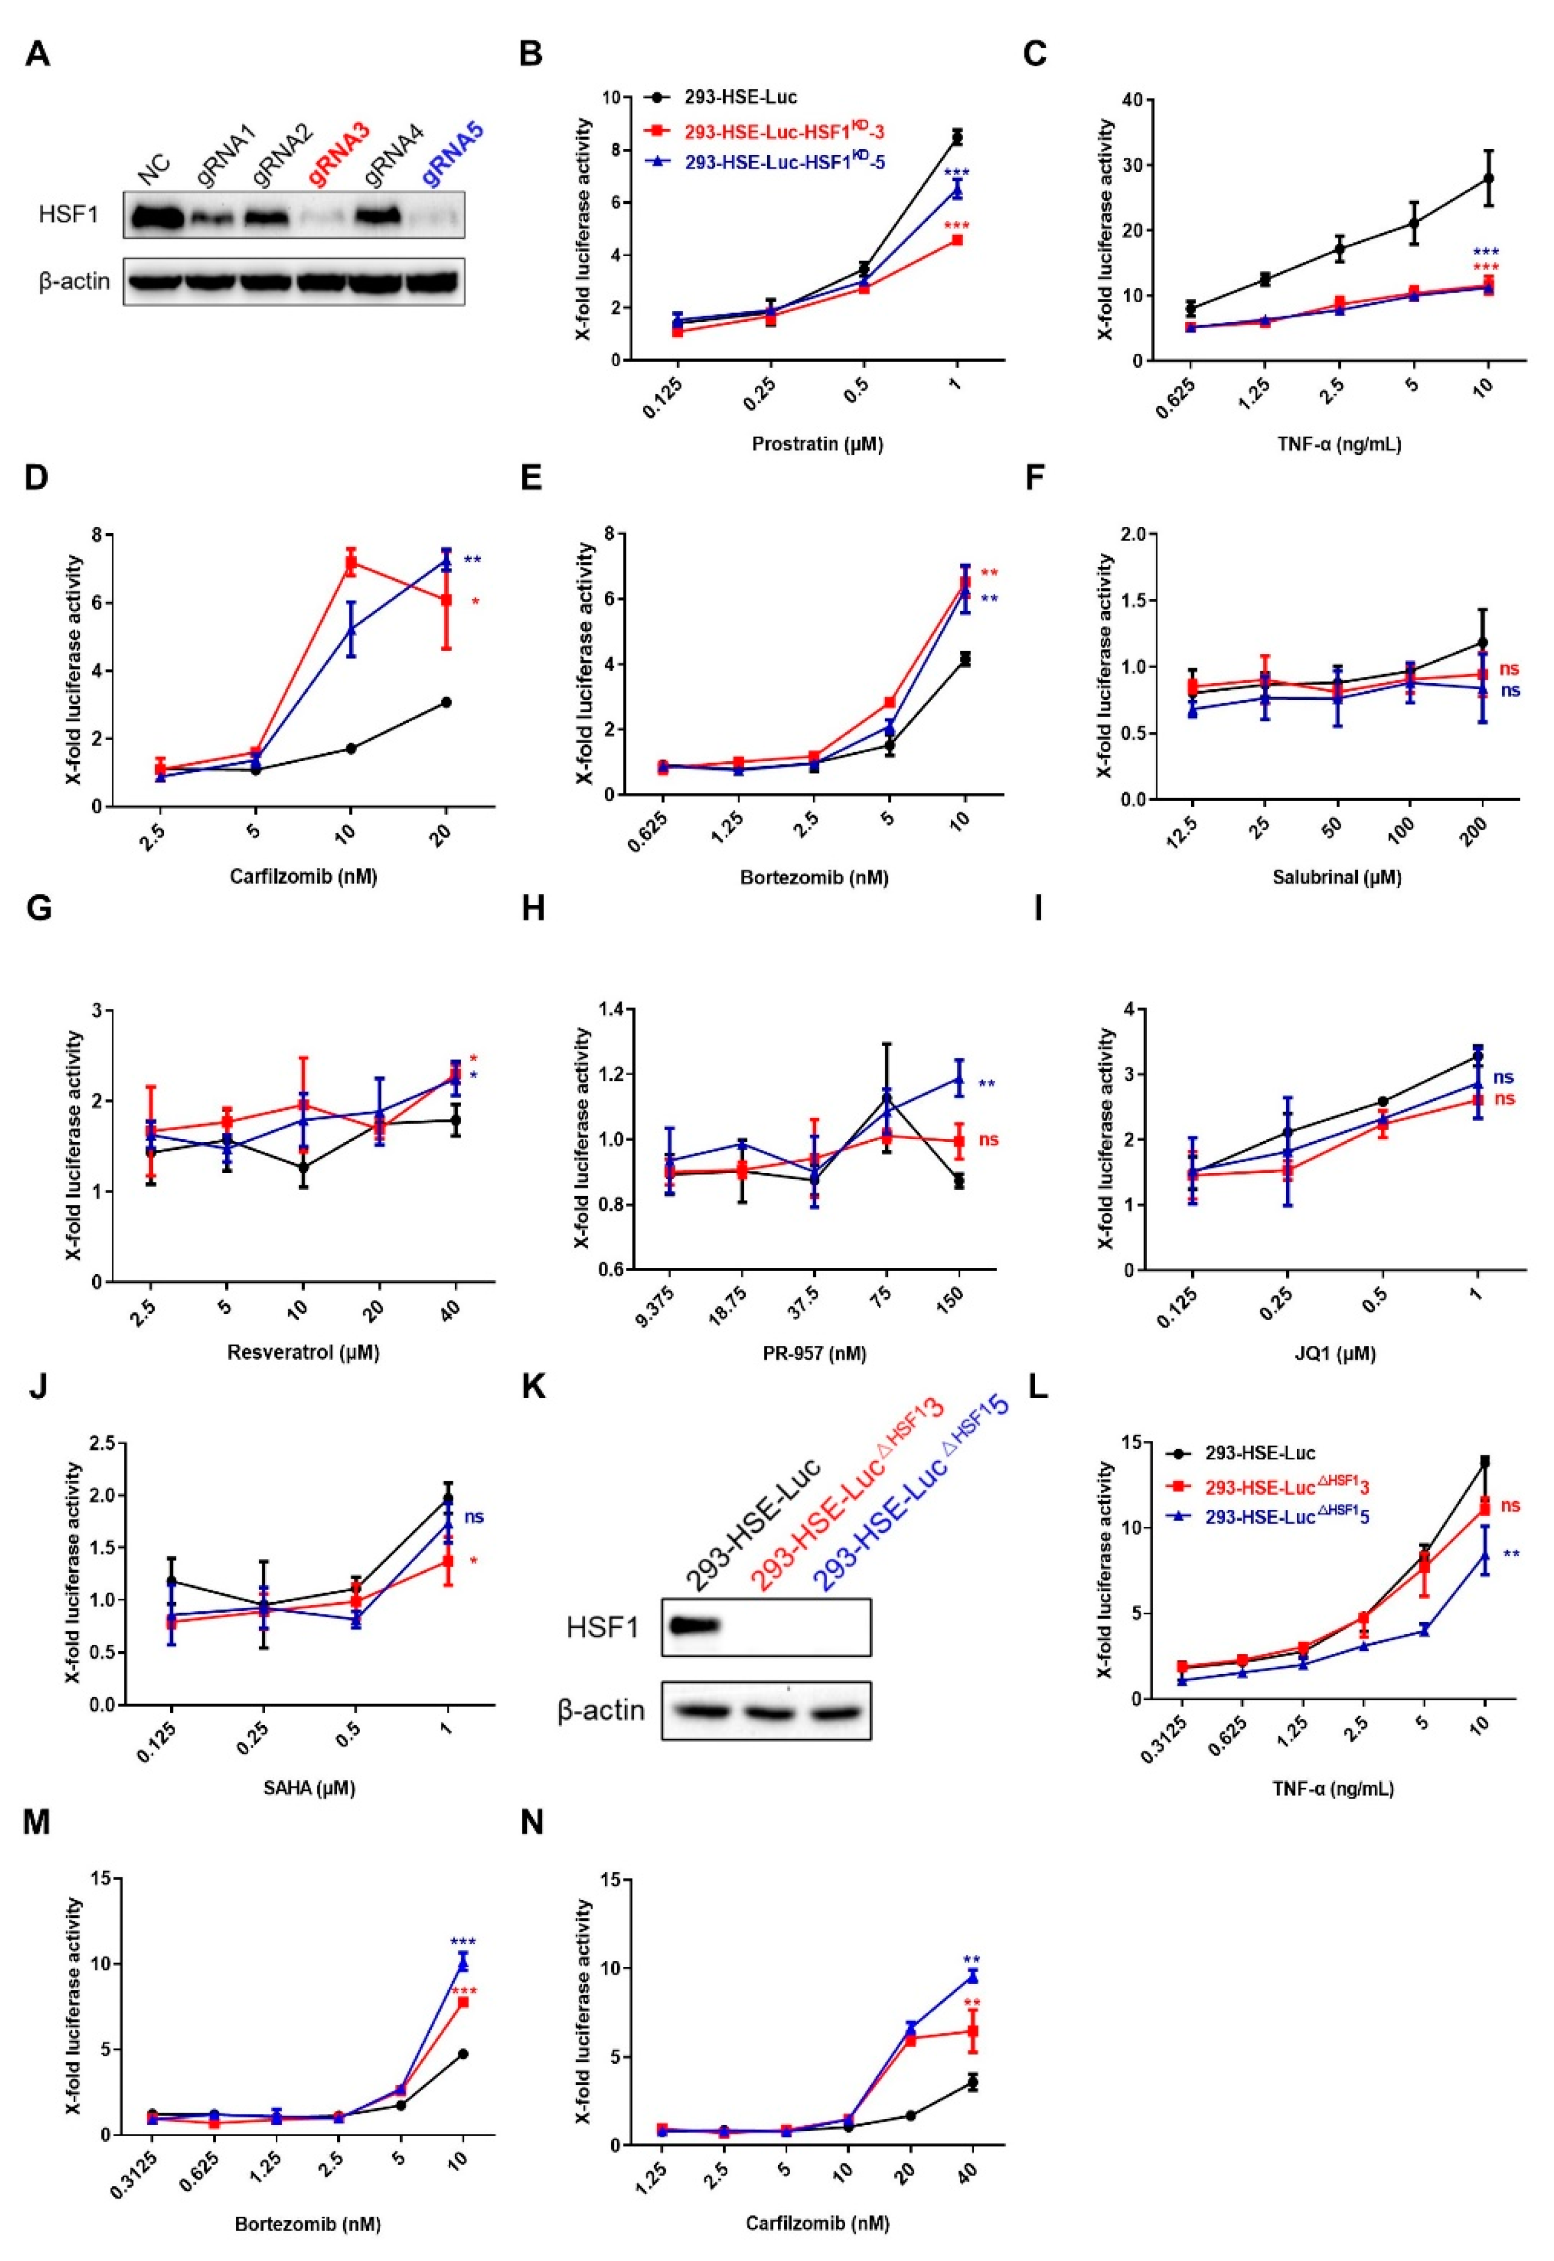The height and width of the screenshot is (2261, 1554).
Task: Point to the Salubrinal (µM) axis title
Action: pyautogui.click(x=1336, y=876)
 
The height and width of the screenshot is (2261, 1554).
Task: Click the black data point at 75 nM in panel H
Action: pyautogui.click(x=886, y=1098)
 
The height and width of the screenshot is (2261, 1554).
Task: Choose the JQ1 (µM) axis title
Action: pyautogui.click(x=1336, y=1353)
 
